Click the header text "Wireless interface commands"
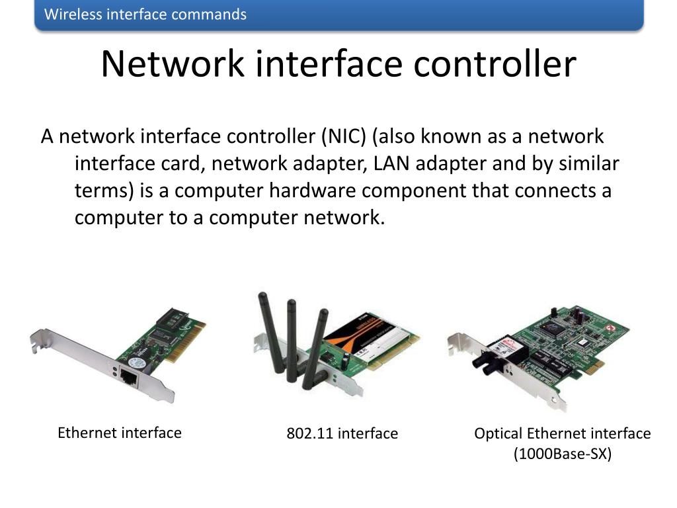coord(145,15)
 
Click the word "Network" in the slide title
coord(173,64)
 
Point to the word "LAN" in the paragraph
coord(392,163)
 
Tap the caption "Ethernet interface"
coord(119,433)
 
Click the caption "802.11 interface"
coord(342,434)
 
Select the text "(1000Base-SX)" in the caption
coord(563,454)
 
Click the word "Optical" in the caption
coord(498,434)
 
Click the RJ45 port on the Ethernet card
coord(127,377)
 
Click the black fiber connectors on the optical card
coord(493,361)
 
